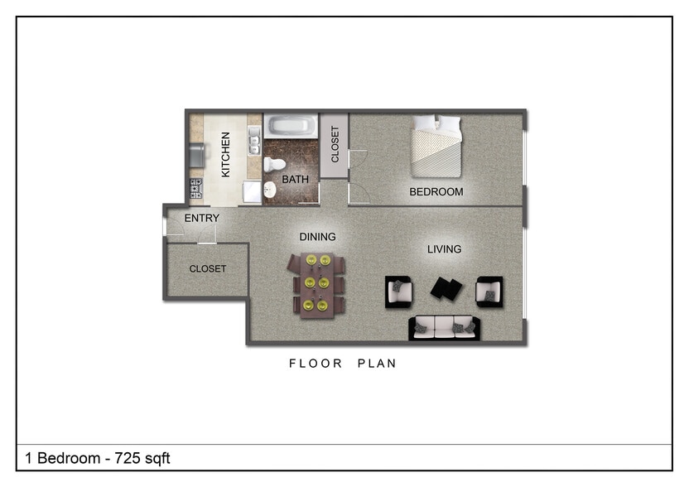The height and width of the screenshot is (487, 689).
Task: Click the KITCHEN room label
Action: tap(225, 154)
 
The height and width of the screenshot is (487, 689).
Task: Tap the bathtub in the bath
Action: tap(291, 126)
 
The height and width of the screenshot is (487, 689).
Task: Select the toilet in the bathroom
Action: tap(273, 164)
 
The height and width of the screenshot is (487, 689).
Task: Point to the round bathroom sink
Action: tap(270, 190)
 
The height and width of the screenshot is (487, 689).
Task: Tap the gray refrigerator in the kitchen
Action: tap(196, 154)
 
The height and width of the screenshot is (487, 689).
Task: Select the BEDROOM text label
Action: tap(436, 192)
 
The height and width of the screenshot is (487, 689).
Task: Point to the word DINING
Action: tap(317, 237)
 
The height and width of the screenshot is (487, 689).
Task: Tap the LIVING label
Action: tap(444, 249)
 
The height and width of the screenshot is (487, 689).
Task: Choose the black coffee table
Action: tap(447, 289)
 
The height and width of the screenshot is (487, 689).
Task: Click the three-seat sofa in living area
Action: tap(444, 328)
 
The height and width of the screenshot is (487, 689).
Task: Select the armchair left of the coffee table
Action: tap(400, 292)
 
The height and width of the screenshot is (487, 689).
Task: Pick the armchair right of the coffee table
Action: tap(489, 292)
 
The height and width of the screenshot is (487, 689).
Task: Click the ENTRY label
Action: tap(202, 219)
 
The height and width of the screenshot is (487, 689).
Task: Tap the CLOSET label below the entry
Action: tap(207, 269)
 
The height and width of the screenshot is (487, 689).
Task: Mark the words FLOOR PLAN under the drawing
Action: tap(343, 364)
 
